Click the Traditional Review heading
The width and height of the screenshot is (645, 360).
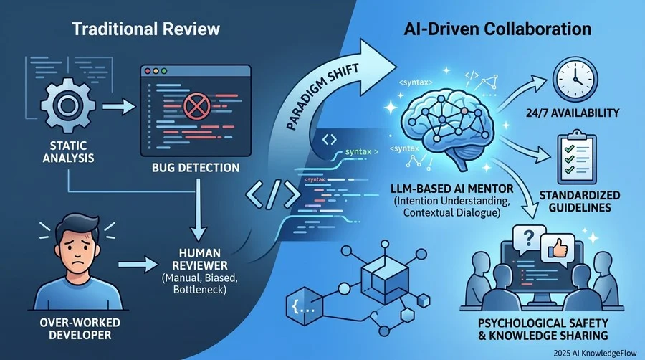(x=145, y=29)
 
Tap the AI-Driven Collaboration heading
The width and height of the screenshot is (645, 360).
(x=497, y=29)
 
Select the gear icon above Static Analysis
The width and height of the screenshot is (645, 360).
(x=68, y=105)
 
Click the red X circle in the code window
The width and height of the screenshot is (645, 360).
(x=196, y=105)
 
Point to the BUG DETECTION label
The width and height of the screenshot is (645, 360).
(x=196, y=168)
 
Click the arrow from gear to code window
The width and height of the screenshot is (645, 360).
(x=118, y=107)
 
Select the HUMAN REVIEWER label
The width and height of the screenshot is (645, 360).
(x=200, y=259)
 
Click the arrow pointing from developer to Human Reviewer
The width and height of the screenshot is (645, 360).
(x=138, y=265)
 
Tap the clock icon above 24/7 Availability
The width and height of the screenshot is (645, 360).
(x=575, y=80)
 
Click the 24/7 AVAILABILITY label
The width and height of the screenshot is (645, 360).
(x=573, y=113)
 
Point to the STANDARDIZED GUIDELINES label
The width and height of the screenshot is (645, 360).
(x=580, y=201)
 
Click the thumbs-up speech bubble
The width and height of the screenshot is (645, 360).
(x=558, y=247)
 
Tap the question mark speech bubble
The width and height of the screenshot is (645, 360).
(x=529, y=239)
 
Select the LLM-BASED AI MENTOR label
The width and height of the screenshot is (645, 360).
(x=452, y=189)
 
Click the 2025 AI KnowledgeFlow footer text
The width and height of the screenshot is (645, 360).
(x=595, y=353)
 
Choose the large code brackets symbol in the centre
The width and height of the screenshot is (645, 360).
(x=273, y=194)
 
